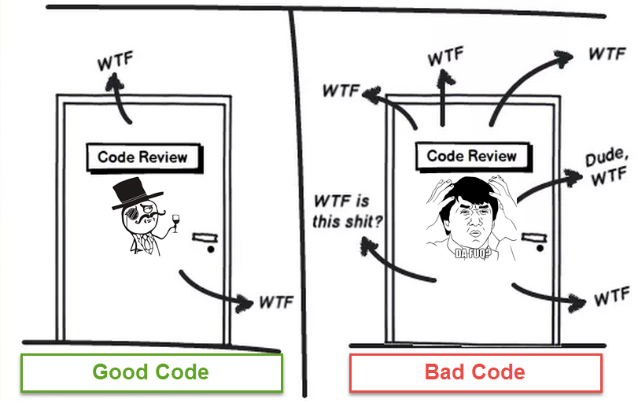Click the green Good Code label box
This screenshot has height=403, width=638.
coord(151,372)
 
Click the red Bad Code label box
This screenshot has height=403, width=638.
coord(475,372)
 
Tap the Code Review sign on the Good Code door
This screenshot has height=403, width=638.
coord(142,157)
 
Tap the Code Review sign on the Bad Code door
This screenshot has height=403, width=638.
coord(471,156)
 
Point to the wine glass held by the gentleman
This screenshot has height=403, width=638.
coord(175,221)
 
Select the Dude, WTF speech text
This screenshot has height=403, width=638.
coord(607,167)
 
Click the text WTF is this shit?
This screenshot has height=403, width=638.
coord(347,211)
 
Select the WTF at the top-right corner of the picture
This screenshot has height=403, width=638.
coord(607,54)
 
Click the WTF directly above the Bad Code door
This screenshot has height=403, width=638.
coord(445,57)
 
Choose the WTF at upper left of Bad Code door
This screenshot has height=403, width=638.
coord(341,89)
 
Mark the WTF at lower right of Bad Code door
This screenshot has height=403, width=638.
coord(611,298)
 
